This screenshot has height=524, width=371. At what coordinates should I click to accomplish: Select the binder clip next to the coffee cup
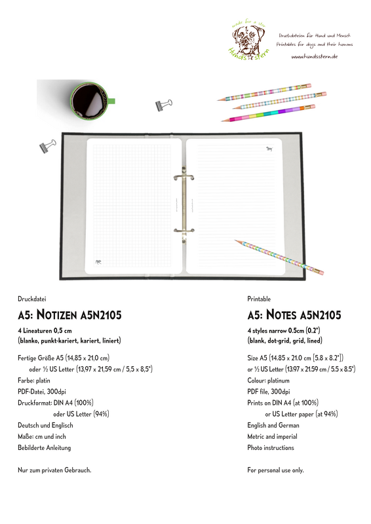click(x=163, y=104)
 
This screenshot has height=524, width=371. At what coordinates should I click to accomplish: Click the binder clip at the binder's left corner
click(x=48, y=146)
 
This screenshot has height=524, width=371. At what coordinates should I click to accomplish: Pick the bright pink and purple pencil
click(x=268, y=114)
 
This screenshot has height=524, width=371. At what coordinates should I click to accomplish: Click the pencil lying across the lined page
click(x=279, y=256)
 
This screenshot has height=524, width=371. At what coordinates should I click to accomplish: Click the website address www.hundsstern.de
click(x=314, y=56)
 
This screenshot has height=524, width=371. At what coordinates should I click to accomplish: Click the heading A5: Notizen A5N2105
click(x=69, y=315)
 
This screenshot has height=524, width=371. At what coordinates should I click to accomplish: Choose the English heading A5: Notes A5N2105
click(x=294, y=315)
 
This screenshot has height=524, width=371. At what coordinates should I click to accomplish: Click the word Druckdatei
click(x=31, y=298)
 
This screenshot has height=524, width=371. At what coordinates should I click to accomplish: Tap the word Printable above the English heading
click(x=259, y=298)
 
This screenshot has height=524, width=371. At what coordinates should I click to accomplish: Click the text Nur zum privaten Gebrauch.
click(x=54, y=470)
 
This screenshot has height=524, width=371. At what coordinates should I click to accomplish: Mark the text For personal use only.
click(x=275, y=470)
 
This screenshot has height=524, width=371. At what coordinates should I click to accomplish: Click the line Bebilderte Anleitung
click(x=44, y=448)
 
